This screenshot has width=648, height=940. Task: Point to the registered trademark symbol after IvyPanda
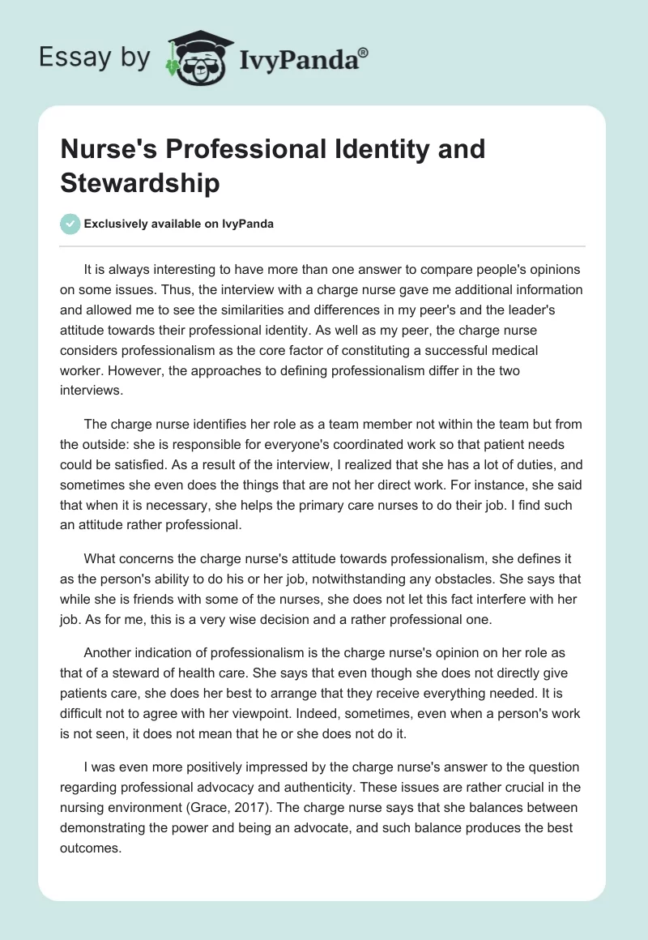point(364,51)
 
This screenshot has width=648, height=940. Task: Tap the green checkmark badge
point(70,224)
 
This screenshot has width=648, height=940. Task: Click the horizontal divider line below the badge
point(323,246)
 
